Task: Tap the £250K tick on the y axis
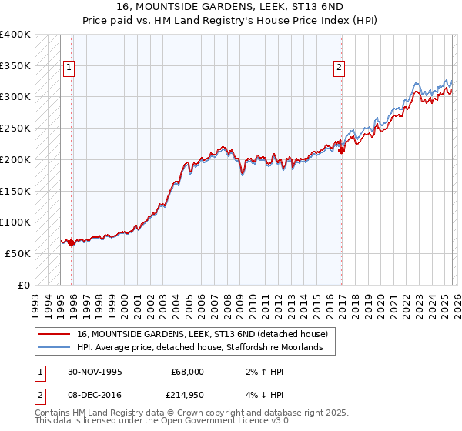tap(15, 128)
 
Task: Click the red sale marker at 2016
tap(341, 150)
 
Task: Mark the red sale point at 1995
tap(72, 242)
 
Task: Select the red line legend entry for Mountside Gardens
tap(202, 334)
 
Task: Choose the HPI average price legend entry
tap(205, 348)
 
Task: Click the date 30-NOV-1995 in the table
tap(90, 372)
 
